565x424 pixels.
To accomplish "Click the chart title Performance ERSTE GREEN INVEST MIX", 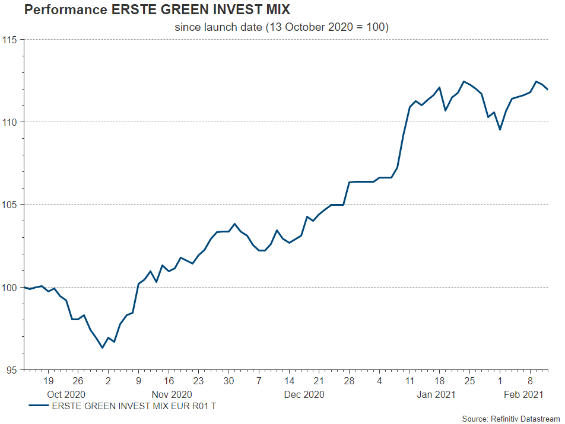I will (x=157, y=11).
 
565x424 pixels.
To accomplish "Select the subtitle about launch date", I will (x=281, y=27).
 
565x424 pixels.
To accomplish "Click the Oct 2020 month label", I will (x=66, y=394).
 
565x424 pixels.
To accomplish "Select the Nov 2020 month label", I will (x=172, y=394).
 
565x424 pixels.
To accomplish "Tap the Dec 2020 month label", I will (x=303, y=394).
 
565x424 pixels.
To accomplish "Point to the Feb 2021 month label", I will (x=524, y=394).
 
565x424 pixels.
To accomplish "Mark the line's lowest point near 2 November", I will (x=102, y=348).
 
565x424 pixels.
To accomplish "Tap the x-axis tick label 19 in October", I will (x=48, y=381).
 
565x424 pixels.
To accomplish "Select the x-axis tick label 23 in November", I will (x=198, y=381).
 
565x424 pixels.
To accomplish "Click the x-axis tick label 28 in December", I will (x=349, y=381).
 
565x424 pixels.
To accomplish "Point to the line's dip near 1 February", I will (x=500, y=129).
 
